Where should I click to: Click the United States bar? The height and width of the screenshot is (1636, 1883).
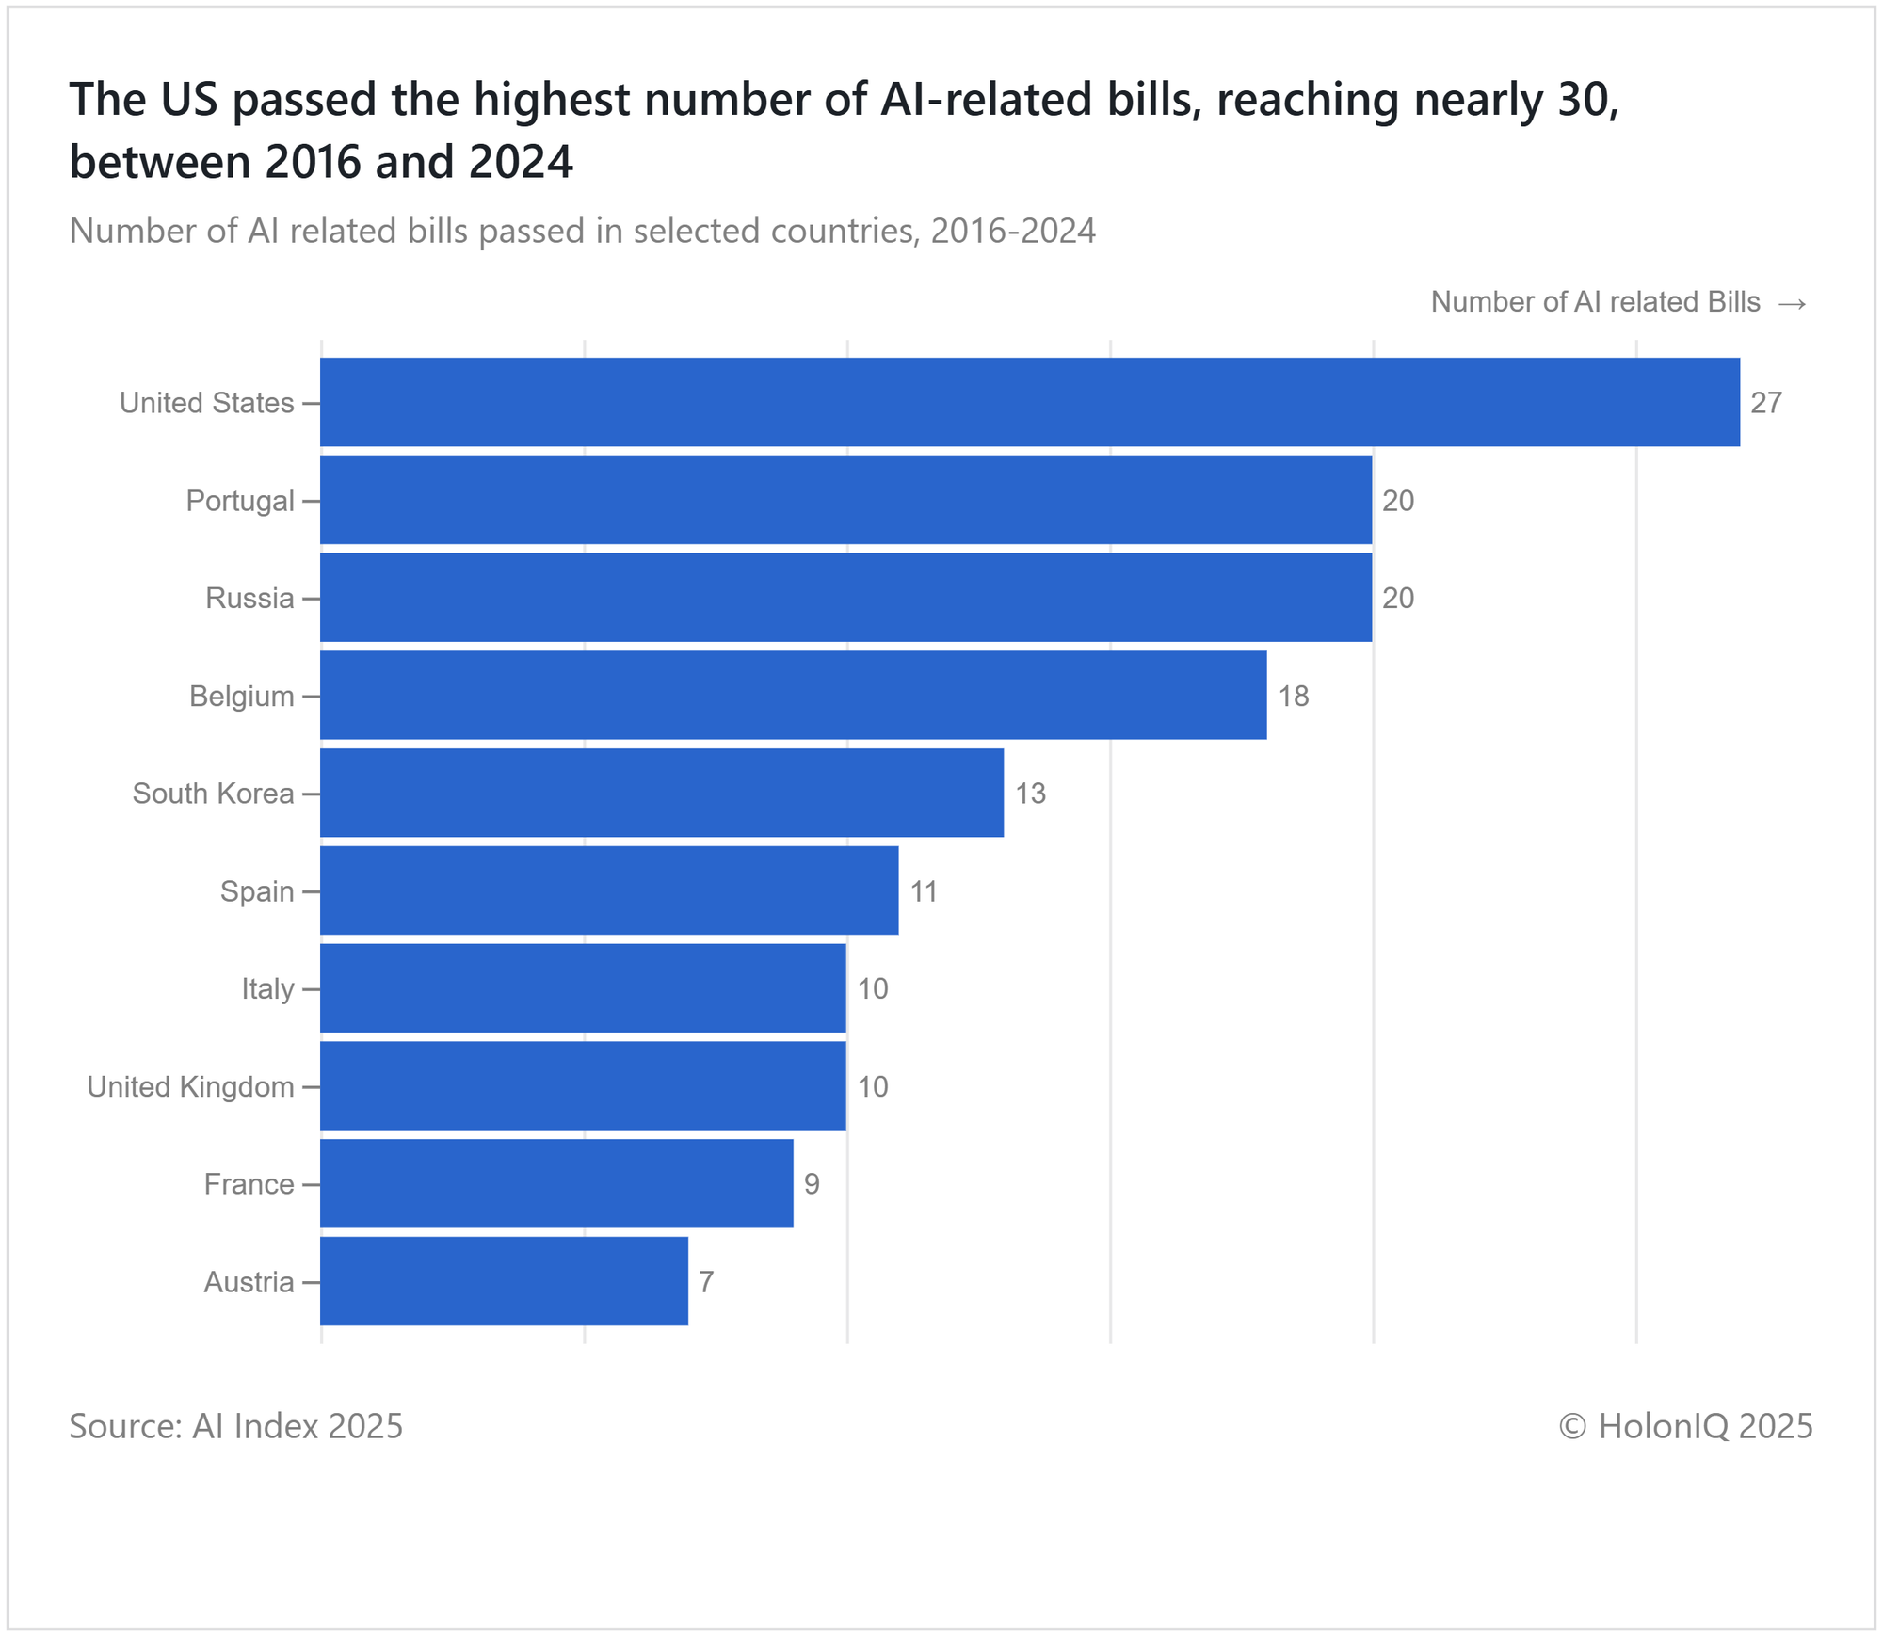pos(1029,402)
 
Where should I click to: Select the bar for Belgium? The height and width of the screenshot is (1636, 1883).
pos(793,696)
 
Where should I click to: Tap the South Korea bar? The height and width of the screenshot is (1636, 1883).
pos(661,793)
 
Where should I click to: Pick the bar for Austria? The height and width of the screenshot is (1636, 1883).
pos(504,1281)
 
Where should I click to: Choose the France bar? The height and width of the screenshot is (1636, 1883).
pos(556,1183)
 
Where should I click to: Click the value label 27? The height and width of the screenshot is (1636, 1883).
pos(1766,403)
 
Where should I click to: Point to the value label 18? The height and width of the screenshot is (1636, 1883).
pos(1294,697)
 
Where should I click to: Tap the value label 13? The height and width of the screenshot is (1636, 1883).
pos(1030,794)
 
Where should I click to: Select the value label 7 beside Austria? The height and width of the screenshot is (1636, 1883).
pos(706,1282)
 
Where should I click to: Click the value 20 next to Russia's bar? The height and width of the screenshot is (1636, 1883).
pos(1398,599)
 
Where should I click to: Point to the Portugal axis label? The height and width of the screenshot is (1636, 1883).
pos(240,501)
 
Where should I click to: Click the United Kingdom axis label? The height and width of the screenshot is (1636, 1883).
pos(190,1087)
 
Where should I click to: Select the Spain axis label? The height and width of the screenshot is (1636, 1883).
pos(257,891)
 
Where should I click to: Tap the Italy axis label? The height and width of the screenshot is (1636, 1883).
pos(267,989)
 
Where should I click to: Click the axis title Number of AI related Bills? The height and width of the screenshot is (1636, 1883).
pos(1595,302)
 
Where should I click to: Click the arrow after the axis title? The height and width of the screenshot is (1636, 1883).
pos(1792,303)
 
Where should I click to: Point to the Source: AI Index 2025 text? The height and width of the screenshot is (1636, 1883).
pos(235,1426)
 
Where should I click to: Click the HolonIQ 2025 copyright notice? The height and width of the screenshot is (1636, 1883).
pos(1685,1426)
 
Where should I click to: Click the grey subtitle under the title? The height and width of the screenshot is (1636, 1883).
pos(582,231)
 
